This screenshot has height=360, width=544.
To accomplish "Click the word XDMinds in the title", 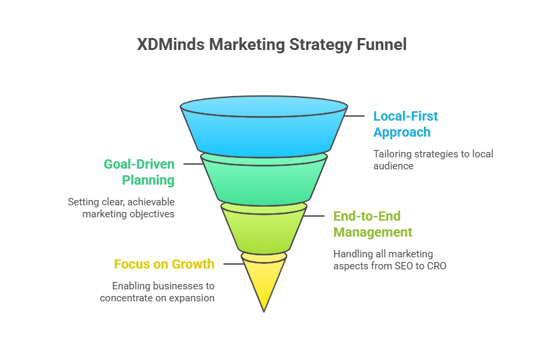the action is (x=171, y=45).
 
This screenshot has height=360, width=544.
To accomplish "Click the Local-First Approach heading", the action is (x=405, y=124).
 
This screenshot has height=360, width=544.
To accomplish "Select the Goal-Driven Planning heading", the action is (x=139, y=173).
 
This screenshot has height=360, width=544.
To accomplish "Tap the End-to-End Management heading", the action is (x=373, y=224).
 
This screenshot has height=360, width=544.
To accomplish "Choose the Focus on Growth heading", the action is (x=164, y=264).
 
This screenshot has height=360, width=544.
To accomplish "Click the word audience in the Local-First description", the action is (x=393, y=166).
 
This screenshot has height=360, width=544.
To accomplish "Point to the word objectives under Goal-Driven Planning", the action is (x=151, y=214).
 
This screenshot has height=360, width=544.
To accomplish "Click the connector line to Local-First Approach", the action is (x=354, y=116).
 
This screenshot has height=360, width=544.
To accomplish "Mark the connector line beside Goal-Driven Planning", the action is (x=193, y=164).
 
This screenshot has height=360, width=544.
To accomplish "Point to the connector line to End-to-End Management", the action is (x=314, y=216).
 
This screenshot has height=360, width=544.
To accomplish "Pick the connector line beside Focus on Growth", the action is (x=234, y=264).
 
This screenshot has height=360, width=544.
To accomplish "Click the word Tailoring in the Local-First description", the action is (x=389, y=155).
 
